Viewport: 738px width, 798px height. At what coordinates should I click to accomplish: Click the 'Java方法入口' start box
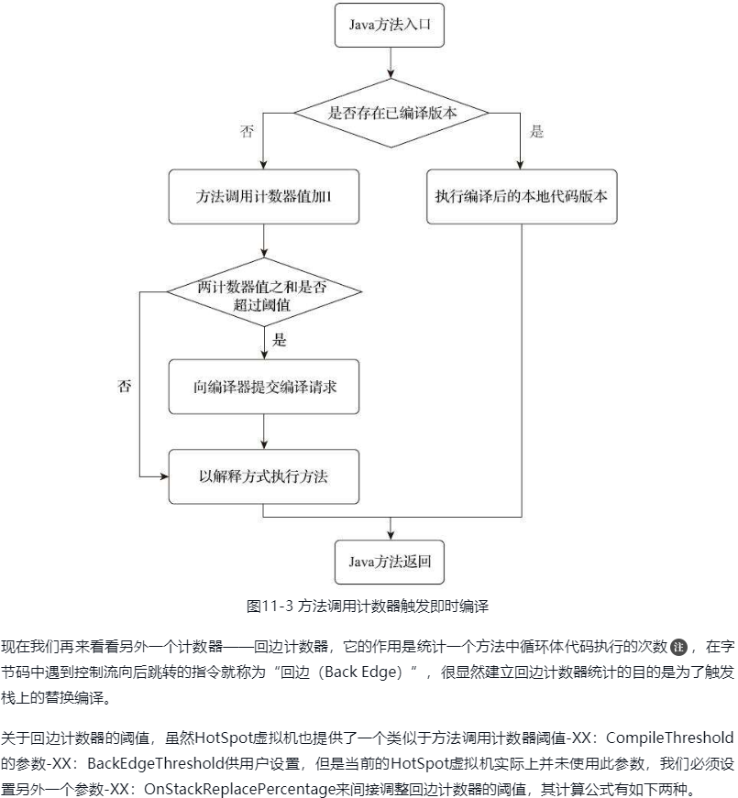coord(391,27)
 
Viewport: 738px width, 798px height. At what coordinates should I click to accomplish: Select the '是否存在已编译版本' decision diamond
coord(391,112)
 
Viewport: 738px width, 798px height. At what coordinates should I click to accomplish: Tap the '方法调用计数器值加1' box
coord(263,197)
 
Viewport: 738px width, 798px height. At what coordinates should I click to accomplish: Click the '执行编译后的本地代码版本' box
coord(521,197)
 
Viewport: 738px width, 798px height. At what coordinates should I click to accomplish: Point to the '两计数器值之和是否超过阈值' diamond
coord(262,295)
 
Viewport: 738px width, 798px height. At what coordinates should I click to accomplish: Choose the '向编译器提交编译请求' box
coord(264,387)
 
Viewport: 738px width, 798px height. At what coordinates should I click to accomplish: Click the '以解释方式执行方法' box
coord(263,476)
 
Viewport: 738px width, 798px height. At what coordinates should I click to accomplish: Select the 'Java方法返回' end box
coord(391,560)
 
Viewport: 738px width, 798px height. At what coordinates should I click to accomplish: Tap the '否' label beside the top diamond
coord(247,132)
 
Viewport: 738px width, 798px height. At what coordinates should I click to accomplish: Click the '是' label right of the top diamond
coord(537,132)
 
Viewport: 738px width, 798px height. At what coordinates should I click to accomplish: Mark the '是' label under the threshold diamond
coord(280,341)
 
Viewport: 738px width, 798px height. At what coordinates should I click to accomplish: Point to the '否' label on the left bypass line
coord(124,387)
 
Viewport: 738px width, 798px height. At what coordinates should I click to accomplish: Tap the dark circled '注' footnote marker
coord(678,647)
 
